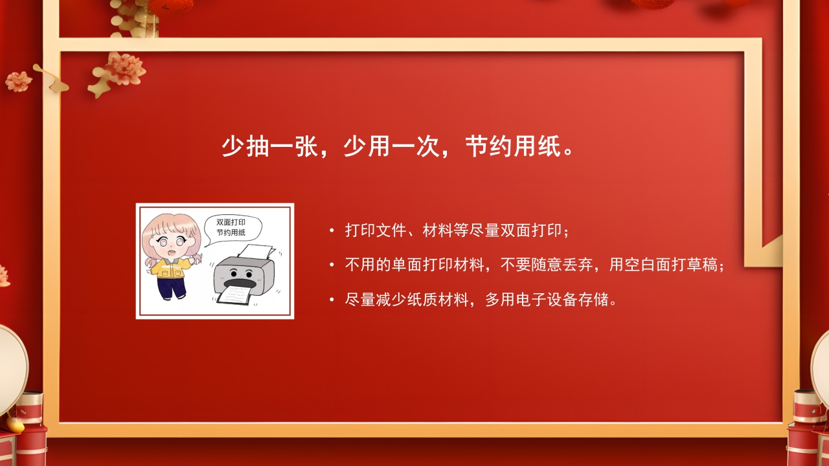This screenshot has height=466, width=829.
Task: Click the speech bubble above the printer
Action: [231, 227]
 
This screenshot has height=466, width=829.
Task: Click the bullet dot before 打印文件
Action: [332, 231]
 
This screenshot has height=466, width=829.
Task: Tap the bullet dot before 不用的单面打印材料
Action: [332, 265]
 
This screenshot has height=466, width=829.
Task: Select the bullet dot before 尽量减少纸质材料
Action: [332, 300]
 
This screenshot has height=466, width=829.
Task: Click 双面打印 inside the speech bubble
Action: [231, 222]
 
